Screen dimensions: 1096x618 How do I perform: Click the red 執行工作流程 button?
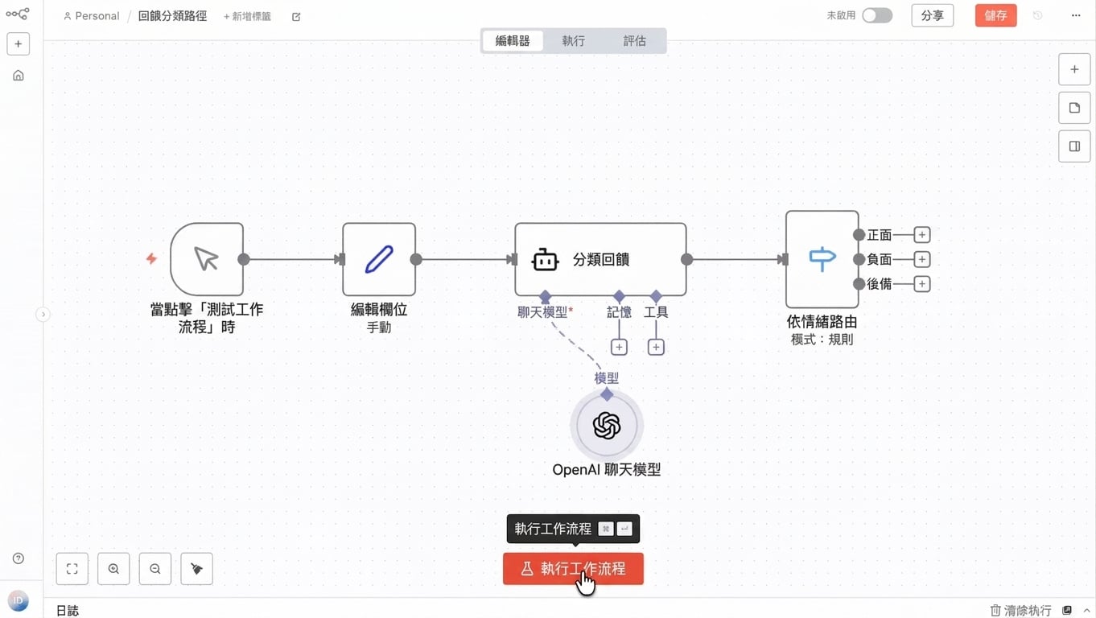(x=573, y=569)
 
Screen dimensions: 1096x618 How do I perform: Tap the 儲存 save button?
(x=995, y=15)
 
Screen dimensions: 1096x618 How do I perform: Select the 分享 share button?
(x=932, y=15)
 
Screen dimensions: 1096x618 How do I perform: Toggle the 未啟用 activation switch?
(x=877, y=15)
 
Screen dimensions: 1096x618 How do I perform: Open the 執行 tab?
(x=574, y=40)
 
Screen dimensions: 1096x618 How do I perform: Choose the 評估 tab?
(x=635, y=40)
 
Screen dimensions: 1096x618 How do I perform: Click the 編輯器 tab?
(x=513, y=40)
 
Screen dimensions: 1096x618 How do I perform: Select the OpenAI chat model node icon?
(x=607, y=425)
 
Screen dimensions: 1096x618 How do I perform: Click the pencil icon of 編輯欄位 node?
(x=379, y=259)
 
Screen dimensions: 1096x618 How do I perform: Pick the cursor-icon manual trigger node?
(x=207, y=259)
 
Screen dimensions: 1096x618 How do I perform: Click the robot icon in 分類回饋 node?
(x=545, y=259)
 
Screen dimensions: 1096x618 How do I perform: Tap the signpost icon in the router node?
(x=822, y=259)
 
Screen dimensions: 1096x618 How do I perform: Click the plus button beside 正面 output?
(x=922, y=235)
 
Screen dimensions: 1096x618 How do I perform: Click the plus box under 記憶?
(x=619, y=348)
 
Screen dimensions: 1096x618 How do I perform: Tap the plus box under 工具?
(x=656, y=348)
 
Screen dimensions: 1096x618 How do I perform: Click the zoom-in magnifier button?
(x=113, y=569)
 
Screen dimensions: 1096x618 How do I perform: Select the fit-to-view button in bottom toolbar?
(x=72, y=569)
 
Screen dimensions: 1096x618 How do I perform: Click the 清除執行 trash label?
(x=1020, y=610)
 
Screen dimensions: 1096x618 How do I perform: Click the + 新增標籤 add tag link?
(x=247, y=17)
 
